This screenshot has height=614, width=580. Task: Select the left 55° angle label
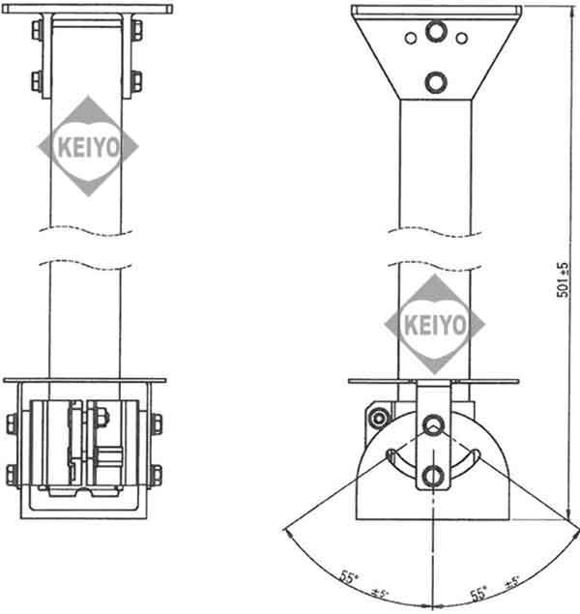click(347, 576)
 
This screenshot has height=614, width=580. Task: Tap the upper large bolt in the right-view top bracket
click(436, 34)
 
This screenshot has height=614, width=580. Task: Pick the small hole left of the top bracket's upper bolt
click(411, 38)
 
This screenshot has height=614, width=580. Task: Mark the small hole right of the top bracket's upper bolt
click(461, 38)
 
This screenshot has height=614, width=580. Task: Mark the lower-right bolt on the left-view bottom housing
click(155, 474)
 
